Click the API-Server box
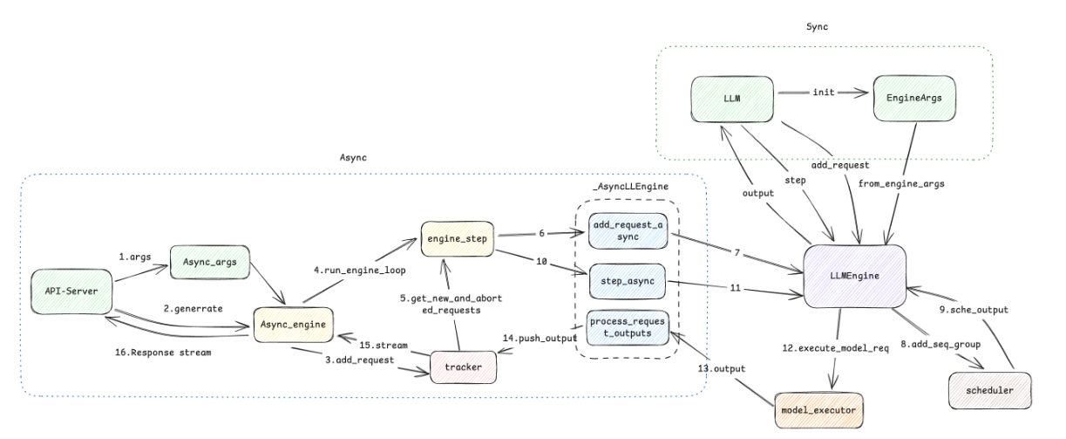click(x=71, y=292)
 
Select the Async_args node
click(x=210, y=262)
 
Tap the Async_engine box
click(x=293, y=325)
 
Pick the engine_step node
click(x=458, y=239)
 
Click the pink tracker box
click(x=463, y=367)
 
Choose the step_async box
click(x=628, y=281)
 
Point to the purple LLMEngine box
click(x=855, y=276)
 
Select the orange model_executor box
click(x=818, y=410)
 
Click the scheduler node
click(x=990, y=391)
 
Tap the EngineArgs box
click(x=914, y=99)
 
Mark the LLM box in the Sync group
click(x=732, y=99)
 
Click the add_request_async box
click(x=628, y=231)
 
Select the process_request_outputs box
click(x=628, y=327)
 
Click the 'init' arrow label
click(x=824, y=93)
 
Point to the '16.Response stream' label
click(x=163, y=353)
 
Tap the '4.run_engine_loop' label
click(x=359, y=271)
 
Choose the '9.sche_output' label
click(x=974, y=310)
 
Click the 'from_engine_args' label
click(x=901, y=184)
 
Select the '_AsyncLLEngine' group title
click(x=630, y=187)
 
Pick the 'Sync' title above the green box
click(x=817, y=27)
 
